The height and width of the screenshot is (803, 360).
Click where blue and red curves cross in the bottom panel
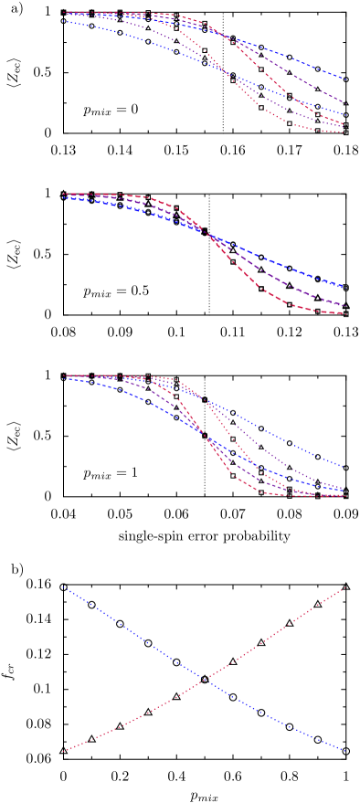click(207, 679)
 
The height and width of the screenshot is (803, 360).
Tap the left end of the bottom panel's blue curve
click(63, 586)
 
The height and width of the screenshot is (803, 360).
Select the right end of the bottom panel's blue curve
click(345, 751)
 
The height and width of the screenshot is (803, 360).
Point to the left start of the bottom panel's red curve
click(63, 751)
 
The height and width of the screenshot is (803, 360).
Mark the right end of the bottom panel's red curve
click(345, 587)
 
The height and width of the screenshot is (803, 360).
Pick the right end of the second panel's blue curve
click(344, 287)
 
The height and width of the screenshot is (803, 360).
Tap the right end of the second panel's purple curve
click(344, 305)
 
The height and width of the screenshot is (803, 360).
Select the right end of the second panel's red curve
click(344, 314)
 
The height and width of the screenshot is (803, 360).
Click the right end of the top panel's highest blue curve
click(344, 79)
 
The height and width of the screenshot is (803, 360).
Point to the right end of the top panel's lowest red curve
click(344, 132)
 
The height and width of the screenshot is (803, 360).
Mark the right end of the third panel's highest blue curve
click(344, 467)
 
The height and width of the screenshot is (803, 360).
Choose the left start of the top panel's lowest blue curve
click(63, 20)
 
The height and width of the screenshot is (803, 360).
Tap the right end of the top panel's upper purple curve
click(344, 102)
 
